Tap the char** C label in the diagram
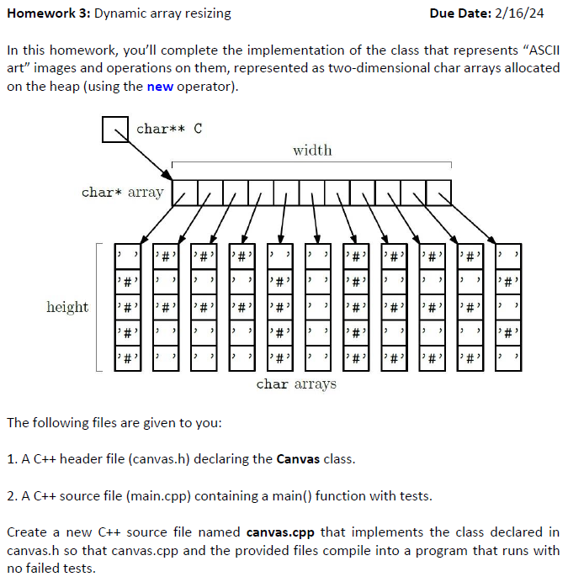click(168, 129)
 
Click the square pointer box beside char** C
click(114, 129)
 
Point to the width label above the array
click(312, 151)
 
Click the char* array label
click(122, 193)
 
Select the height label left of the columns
click(67, 307)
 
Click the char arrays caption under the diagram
click(295, 384)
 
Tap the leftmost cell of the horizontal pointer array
click(184, 193)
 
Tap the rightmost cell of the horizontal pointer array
click(438, 193)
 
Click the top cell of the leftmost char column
click(126, 253)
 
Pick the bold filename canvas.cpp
click(279, 532)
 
